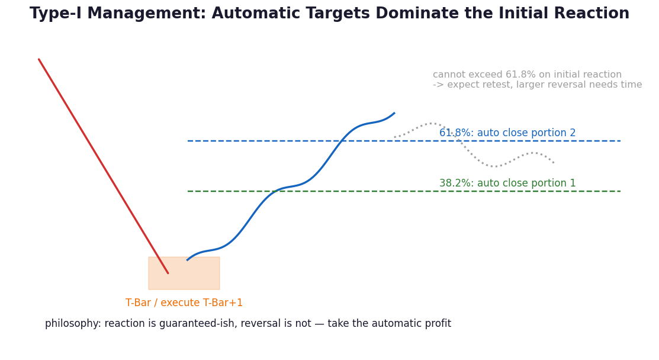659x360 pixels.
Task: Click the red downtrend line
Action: pyautogui.click(x=104, y=166)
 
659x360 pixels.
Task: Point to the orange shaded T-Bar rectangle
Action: pyautogui.click(x=184, y=273)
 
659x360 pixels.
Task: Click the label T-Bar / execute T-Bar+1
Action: pyautogui.click(x=184, y=303)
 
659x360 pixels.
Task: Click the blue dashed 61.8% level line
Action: pyautogui.click(x=404, y=141)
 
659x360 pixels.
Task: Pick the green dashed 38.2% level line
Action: pyautogui.click(x=404, y=191)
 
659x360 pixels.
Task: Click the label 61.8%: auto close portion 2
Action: pyautogui.click(x=507, y=133)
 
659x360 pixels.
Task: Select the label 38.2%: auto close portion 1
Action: pyautogui.click(x=507, y=183)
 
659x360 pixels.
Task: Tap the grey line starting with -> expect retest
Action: pyautogui.click(x=537, y=85)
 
